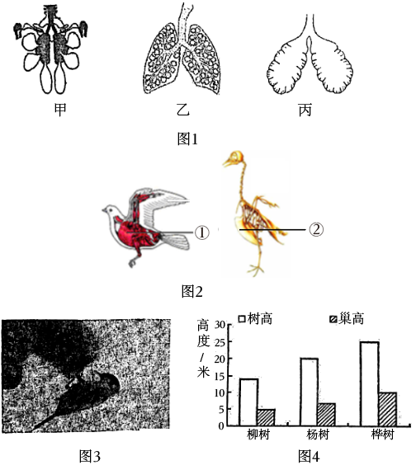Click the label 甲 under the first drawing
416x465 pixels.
coord(60,110)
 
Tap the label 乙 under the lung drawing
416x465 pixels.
coord(183,110)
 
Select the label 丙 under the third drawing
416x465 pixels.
coord(305,110)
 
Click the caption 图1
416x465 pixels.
coord(187,139)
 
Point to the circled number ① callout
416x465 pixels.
coord(202,233)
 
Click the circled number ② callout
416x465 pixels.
coord(316,229)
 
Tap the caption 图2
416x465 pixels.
coord(191,292)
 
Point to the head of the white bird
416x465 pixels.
coord(109,210)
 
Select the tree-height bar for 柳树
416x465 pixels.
coord(248,402)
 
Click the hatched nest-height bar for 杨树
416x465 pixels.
coord(326,415)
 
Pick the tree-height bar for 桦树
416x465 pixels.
coord(370,384)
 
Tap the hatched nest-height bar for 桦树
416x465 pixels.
coord(388,409)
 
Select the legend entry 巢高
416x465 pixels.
coord(347,319)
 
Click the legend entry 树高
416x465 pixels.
coord(255,319)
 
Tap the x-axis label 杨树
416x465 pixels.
coord(318,435)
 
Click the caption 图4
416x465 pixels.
coord(309,456)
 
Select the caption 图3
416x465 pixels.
coord(90,456)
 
